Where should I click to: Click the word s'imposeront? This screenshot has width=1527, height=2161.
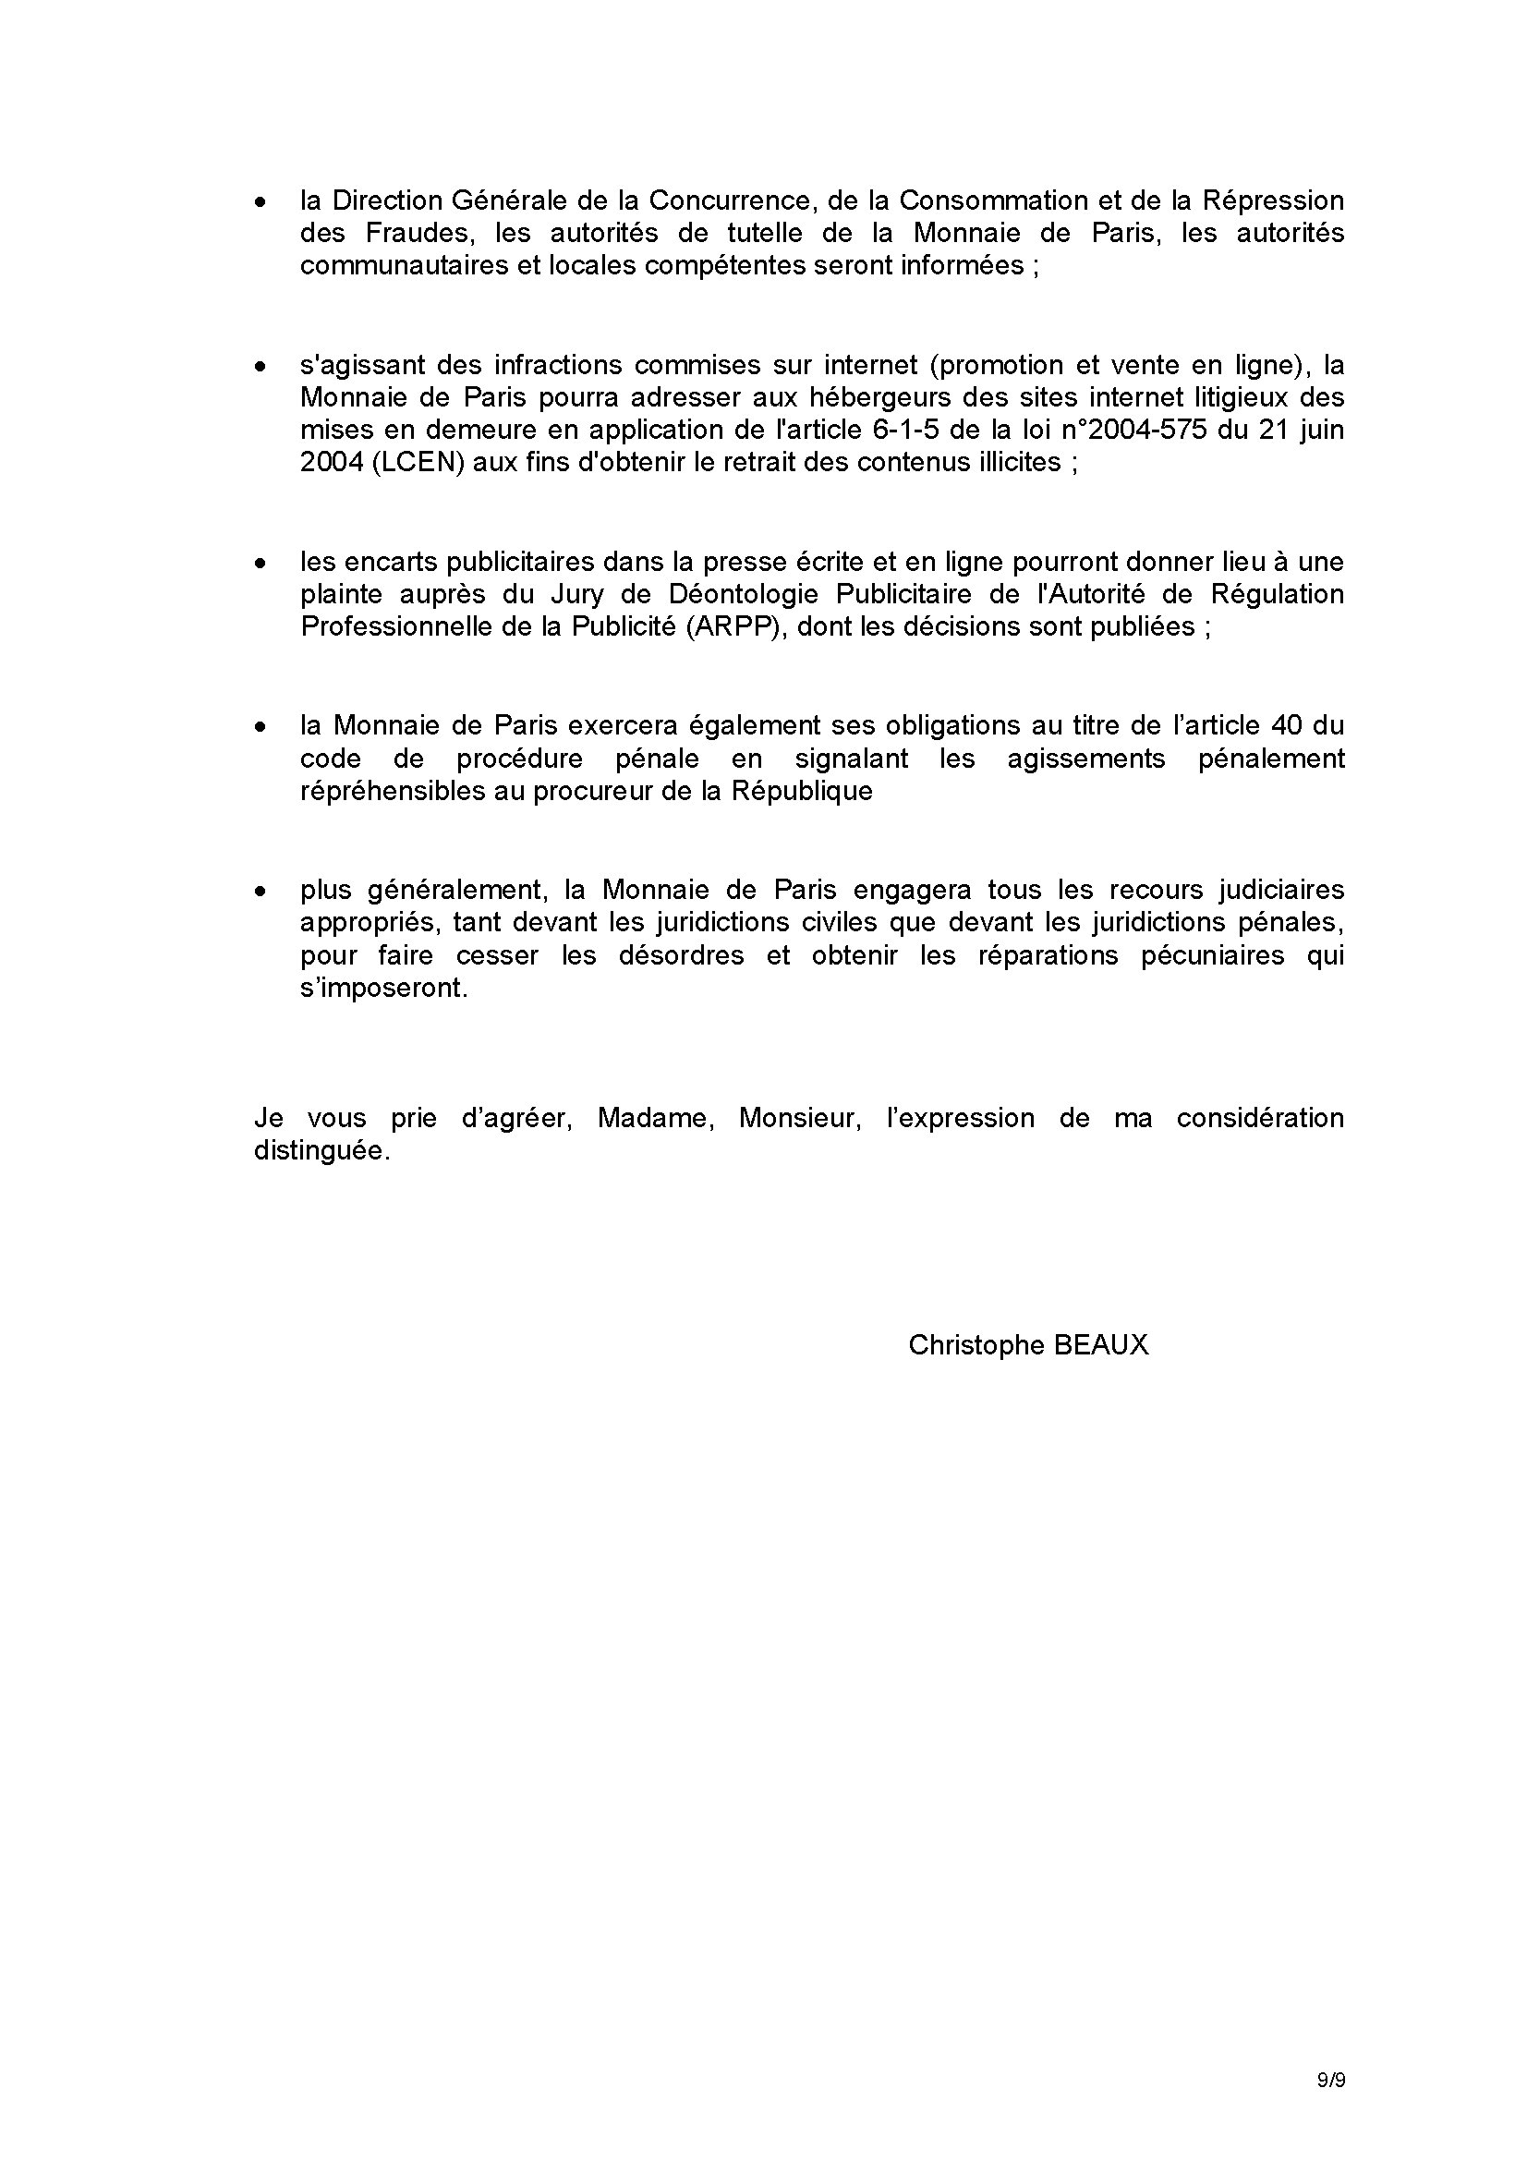383,989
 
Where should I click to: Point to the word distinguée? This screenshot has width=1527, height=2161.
321,1151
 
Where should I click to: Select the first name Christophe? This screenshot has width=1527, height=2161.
976,1345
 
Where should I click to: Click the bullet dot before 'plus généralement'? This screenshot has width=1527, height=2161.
261,891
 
